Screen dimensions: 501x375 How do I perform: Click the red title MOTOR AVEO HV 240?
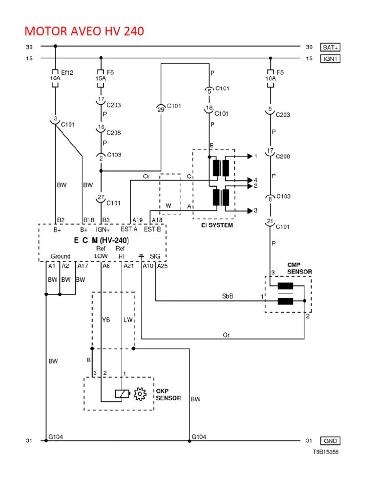pyautogui.click(x=84, y=32)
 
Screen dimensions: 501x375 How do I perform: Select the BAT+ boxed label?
pyautogui.click(x=330, y=47)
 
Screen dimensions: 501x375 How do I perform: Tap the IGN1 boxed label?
pyautogui.click(x=330, y=59)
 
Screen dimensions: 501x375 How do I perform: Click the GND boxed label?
pyautogui.click(x=330, y=441)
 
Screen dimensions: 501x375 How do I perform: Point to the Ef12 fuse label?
pyautogui.click(x=66, y=72)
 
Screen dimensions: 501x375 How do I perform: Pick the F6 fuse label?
pyautogui.click(x=110, y=72)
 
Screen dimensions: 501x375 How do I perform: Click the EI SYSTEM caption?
pyautogui.click(x=217, y=226)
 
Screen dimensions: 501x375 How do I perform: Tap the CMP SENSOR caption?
pyautogui.click(x=299, y=268)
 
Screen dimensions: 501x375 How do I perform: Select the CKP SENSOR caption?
pyautogui.click(x=168, y=394)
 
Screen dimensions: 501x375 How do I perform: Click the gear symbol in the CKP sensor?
pyautogui.click(x=140, y=394)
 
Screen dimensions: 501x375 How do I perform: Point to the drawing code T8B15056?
pyautogui.click(x=326, y=452)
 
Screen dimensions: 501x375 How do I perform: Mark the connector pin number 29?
pyautogui.click(x=161, y=110)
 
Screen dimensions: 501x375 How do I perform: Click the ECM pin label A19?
pyautogui.click(x=137, y=220)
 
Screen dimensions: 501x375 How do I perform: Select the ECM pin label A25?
pyautogui.click(x=162, y=266)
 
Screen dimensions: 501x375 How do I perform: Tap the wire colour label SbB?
pyautogui.click(x=227, y=296)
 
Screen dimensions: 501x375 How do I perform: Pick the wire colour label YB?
pyautogui.click(x=106, y=319)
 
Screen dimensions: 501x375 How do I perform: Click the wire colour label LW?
pyautogui.click(x=128, y=319)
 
